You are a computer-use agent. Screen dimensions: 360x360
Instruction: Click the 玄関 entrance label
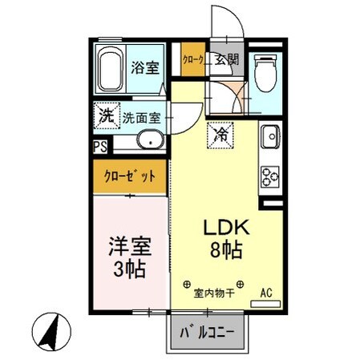click(227, 59)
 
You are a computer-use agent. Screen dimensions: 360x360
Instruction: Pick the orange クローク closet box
click(192, 59)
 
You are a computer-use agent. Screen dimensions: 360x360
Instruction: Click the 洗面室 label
click(142, 118)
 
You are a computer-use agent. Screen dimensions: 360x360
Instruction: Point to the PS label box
click(99, 147)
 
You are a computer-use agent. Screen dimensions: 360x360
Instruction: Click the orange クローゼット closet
click(128, 175)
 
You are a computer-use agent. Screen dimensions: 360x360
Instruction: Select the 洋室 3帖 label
click(129, 254)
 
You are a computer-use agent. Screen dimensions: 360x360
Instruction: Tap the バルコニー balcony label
click(207, 331)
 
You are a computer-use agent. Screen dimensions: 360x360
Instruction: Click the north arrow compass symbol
click(50, 329)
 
